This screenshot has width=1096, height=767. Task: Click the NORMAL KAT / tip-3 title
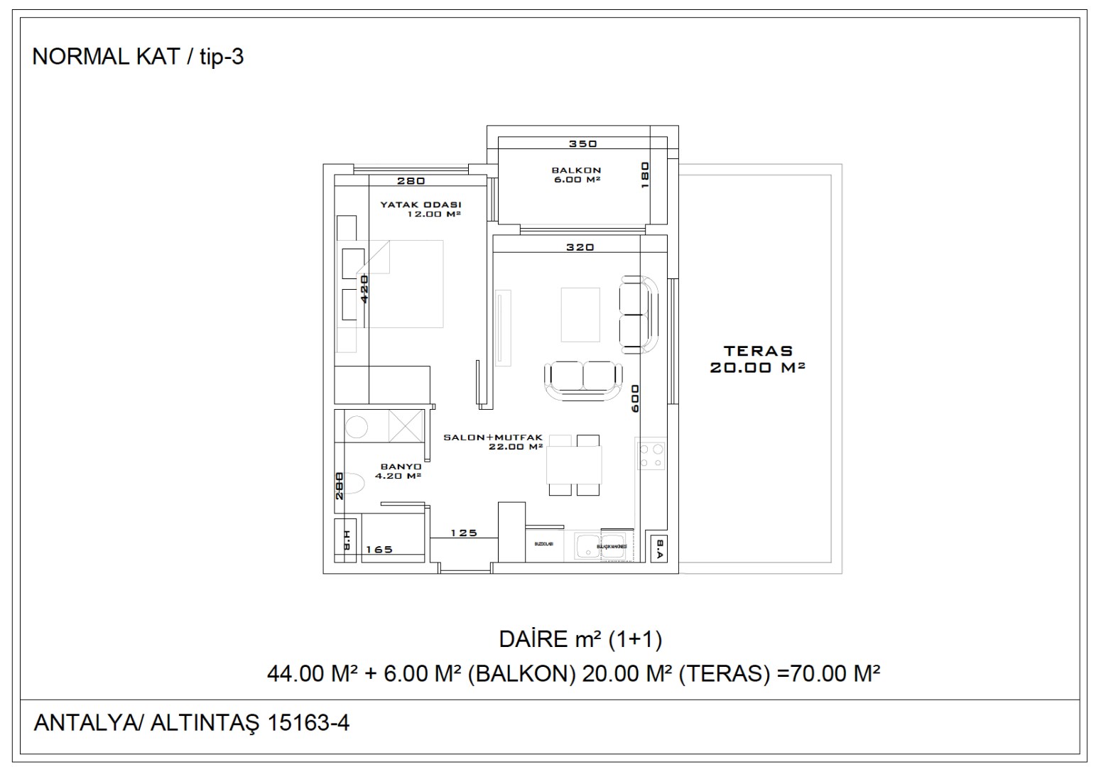pos(138,57)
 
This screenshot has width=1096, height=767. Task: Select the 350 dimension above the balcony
pos(583,144)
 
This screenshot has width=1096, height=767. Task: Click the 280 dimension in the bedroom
pos(411,181)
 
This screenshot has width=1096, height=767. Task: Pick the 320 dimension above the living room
pos(580,248)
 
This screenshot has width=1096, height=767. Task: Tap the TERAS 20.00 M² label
pos(757,359)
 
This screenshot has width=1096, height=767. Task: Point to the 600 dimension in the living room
pos(634,398)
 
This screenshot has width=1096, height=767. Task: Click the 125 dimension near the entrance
pos(464,533)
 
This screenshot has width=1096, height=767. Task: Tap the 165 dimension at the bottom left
pos(379,549)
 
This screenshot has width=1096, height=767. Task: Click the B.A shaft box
pos(659,548)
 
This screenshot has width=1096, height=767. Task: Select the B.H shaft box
pos(346,541)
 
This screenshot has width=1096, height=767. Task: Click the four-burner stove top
pos(651,455)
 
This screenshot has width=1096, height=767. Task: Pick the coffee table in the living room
pos(580,314)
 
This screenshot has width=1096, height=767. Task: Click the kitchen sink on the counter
pos(587,548)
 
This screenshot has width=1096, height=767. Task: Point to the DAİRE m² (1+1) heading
pos(580,640)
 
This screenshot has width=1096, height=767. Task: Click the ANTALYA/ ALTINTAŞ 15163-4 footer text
pos(192,723)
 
